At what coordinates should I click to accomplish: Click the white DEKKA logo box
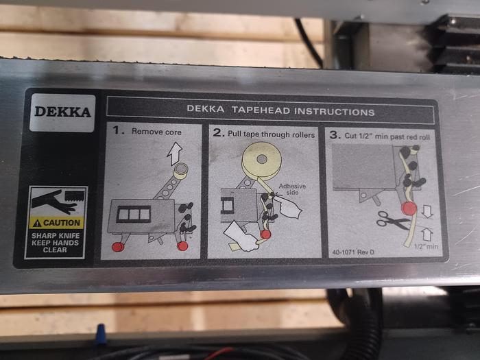point(62,112)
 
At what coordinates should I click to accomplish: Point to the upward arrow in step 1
point(176,152)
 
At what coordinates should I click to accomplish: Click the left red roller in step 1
point(118,245)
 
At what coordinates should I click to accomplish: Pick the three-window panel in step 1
point(134,215)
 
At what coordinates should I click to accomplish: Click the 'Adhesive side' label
point(293,190)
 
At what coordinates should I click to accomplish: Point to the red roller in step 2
point(265,235)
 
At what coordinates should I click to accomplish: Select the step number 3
point(335,135)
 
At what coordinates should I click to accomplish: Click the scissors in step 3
point(392,219)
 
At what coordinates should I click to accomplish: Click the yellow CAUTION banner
point(56,223)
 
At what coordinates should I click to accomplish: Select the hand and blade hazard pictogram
point(56,202)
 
